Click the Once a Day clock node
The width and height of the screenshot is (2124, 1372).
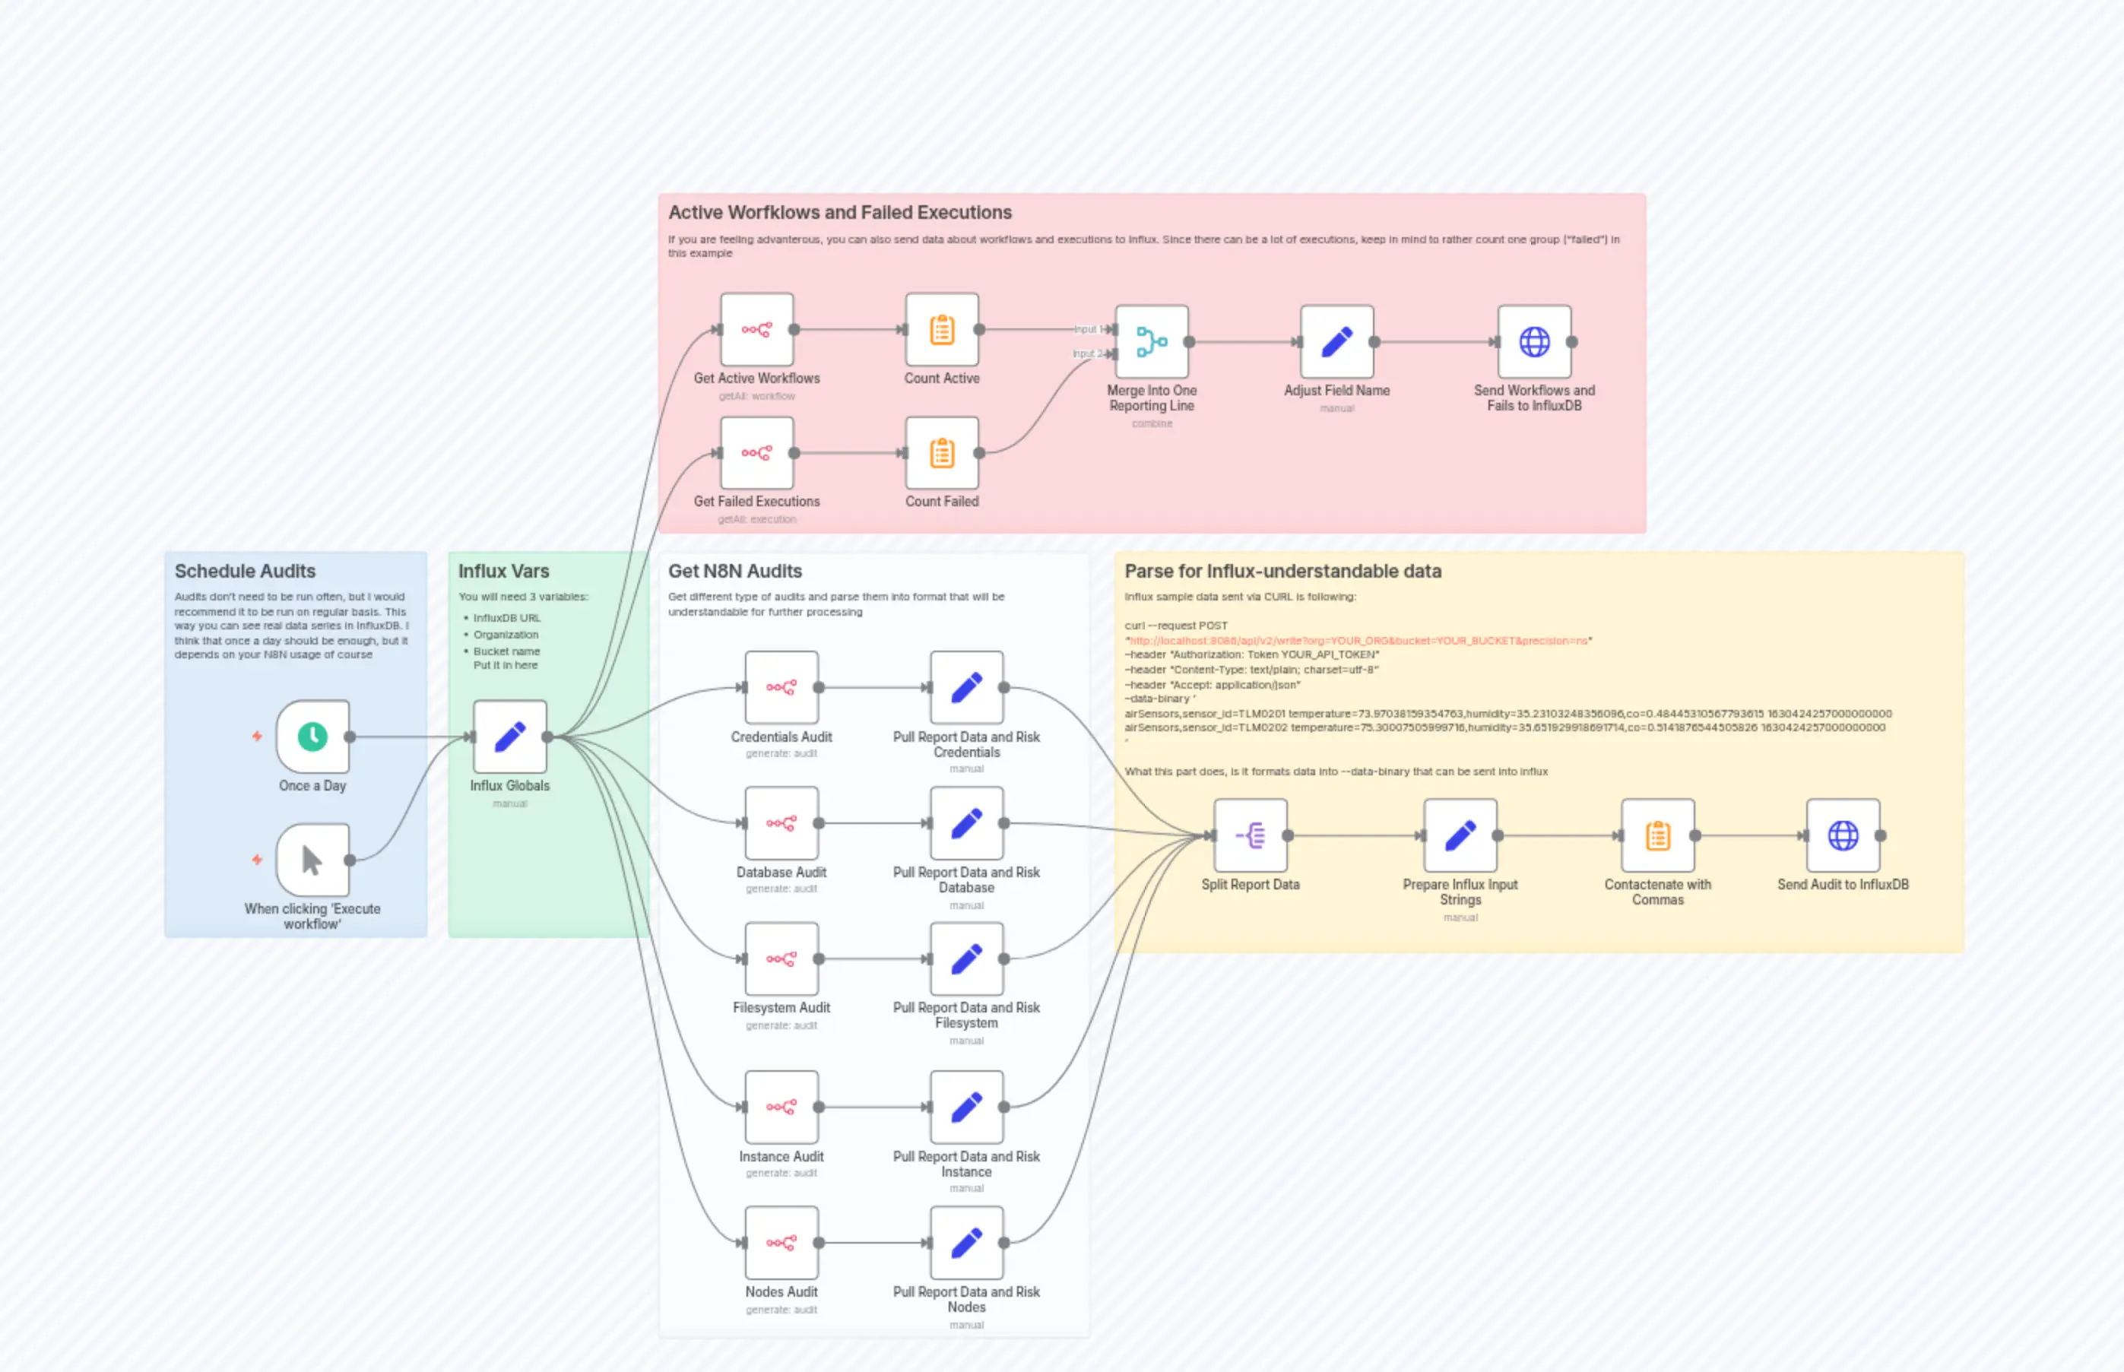(x=312, y=737)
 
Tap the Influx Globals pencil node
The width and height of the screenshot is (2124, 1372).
(x=509, y=737)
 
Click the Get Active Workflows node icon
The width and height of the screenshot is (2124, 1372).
(x=756, y=330)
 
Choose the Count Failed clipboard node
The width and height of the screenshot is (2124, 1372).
(x=942, y=454)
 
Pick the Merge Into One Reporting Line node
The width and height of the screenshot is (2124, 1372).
(x=1151, y=342)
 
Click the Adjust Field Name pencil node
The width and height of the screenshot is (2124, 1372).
(x=1336, y=342)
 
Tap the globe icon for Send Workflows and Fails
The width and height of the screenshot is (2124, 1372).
(x=1534, y=342)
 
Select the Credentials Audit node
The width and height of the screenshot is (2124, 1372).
(x=781, y=688)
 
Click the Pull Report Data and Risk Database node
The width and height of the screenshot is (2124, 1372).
(x=967, y=823)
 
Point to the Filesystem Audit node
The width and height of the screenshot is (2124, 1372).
(x=781, y=958)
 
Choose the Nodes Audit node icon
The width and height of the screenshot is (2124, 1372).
(x=781, y=1243)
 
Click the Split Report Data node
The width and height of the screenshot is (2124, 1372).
(x=1250, y=835)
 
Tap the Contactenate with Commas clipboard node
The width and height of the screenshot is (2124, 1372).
(x=1657, y=835)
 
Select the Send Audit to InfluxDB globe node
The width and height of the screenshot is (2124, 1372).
(x=1843, y=835)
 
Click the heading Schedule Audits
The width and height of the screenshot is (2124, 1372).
(x=245, y=571)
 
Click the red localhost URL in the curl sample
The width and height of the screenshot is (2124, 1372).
(x=1358, y=641)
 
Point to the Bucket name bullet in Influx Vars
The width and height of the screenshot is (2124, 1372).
(x=506, y=651)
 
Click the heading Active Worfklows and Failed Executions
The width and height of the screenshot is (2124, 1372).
(x=839, y=213)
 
